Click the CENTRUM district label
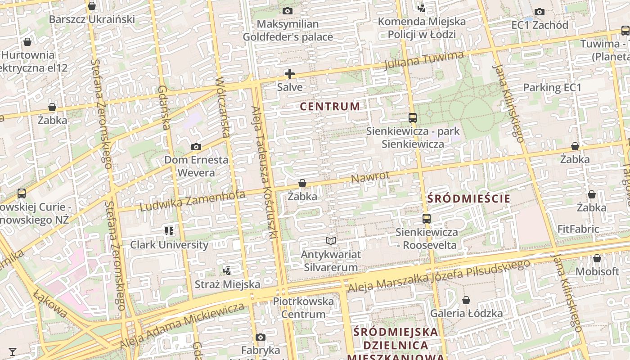click(330, 107)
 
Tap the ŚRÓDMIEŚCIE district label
click(468, 198)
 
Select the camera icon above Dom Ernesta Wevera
click(196, 147)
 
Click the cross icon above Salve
click(290, 74)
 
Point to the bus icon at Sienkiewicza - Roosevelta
click(427, 219)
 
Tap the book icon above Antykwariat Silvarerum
click(331, 241)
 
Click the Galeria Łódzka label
click(467, 313)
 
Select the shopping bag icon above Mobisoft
click(597, 258)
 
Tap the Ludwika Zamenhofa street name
click(193, 201)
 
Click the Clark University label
click(169, 245)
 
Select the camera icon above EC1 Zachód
click(540, 12)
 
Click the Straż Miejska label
click(227, 284)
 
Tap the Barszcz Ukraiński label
click(92, 19)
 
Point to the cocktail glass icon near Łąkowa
click(13, 351)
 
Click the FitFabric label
click(578, 229)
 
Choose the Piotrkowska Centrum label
click(303, 308)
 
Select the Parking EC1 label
click(552, 87)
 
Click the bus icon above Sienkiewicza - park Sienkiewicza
click(413, 118)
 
